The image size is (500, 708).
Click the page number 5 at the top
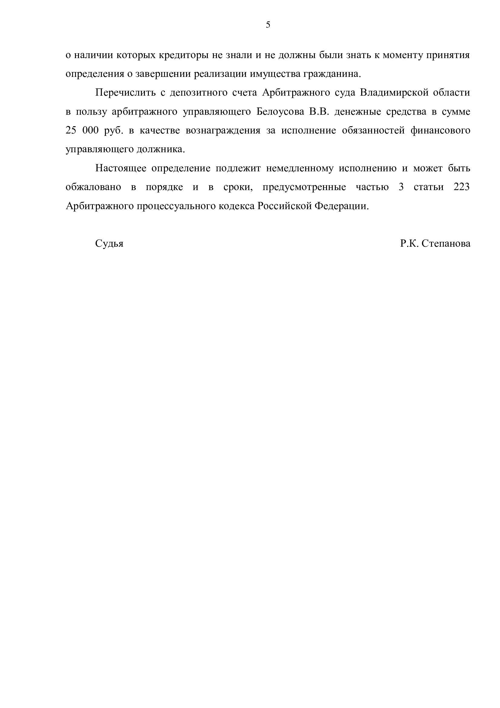[268, 25]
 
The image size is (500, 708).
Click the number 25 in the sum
[71, 130]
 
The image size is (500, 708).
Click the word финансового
[440, 130]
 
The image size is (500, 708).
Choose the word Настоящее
[121, 168]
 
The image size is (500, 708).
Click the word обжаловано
[93, 187]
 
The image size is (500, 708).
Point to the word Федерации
[341, 206]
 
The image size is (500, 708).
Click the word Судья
[109, 244]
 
